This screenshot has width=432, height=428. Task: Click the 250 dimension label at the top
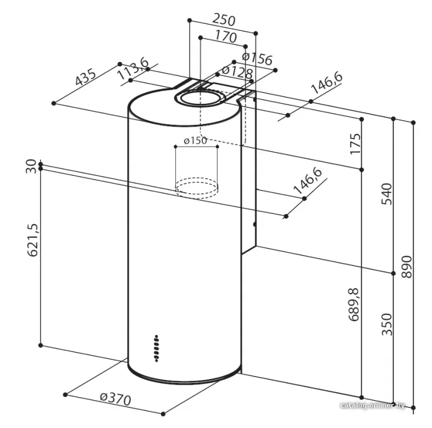[x=224, y=20]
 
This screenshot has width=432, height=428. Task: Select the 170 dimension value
[x=226, y=36]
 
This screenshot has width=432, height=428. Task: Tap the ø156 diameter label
[x=257, y=58]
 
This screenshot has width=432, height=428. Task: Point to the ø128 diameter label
[x=237, y=72]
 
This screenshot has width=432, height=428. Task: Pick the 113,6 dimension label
[x=133, y=69]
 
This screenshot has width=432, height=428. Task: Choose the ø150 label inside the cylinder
[x=195, y=140]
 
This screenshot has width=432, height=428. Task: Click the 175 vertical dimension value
[x=355, y=144]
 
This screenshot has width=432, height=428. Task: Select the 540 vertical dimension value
[x=386, y=193]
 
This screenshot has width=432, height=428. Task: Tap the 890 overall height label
[x=407, y=267]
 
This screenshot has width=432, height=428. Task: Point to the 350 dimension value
[x=386, y=324]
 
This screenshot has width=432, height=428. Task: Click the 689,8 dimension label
[x=354, y=304]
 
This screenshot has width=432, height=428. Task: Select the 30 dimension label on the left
[x=31, y=166]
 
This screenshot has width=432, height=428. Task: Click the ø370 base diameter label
[x=115, y=399]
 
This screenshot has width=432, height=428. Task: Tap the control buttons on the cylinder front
[x=156, y=348]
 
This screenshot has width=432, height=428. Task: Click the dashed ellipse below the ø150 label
[x=197, y=188]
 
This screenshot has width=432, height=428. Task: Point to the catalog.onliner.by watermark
[x=373, y=405]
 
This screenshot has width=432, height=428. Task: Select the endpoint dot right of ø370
[x=163, y=413]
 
